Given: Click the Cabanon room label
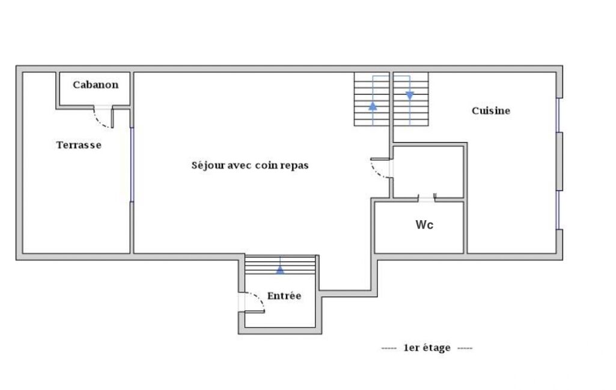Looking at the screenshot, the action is (x=96, y=85).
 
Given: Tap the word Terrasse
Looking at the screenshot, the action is (x=79, y=145).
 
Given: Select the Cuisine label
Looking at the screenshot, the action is (x=491, y=110).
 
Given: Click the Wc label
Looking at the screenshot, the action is (x=424, y=225).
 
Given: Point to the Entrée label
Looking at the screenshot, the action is (x=284, y=295).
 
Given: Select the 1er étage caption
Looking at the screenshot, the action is (x=427, y=348).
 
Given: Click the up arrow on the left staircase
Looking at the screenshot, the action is (x=373, y=106).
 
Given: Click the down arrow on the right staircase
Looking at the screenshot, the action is (x=410, y=96).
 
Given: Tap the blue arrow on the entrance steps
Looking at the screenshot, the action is (x=280, y=269).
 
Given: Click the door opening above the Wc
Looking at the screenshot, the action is (x=427, y=199).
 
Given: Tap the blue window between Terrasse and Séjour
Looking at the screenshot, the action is (x=132, y=165).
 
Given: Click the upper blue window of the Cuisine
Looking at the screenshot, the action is (x=558, y=115).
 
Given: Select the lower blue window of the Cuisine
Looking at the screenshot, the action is (x=558, y=210).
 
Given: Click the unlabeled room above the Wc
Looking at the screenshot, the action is (x=428, y=172).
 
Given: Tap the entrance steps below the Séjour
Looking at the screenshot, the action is (x=280, y=265).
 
